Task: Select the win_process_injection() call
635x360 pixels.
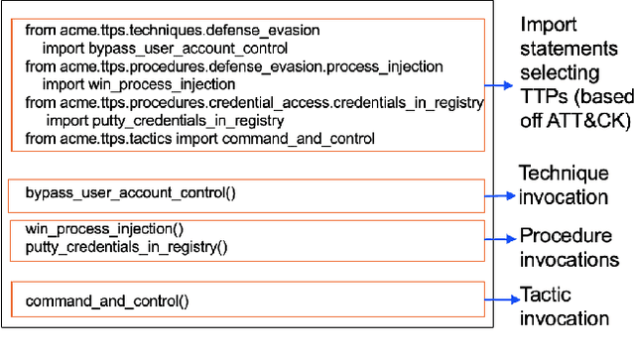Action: point(104,229)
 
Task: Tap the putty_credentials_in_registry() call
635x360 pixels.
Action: point(127,246)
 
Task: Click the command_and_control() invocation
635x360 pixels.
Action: point(107,300)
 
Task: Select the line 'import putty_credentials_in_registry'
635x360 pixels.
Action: point(169,121)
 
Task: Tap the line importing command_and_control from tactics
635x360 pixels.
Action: point(200,139)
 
